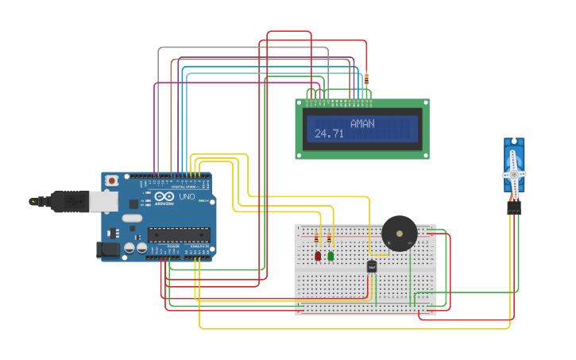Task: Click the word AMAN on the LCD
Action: (361, 124)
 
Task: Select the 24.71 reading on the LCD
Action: (329, 134)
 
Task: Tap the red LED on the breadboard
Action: (318, 256)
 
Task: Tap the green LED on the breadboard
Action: (331, 256)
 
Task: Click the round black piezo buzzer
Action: (399, 233)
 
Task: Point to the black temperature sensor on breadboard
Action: (371, 267)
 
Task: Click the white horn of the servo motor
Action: (514, 174)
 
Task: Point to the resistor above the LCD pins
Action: (366, 79)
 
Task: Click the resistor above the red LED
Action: (317, 238)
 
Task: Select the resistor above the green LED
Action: (329, 238)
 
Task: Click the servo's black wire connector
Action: (514, 207)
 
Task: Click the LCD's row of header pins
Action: (339, 102)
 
